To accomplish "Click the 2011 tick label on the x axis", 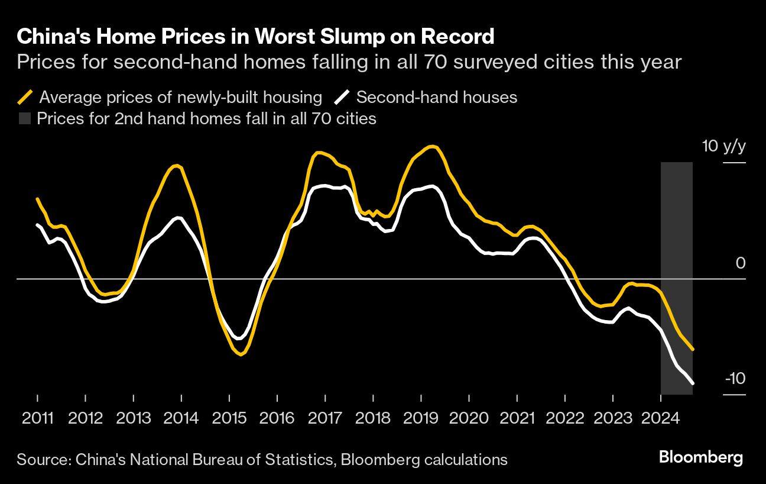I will [37, 418].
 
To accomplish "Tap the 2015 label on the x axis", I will [229, 418].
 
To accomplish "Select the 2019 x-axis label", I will [421, 418].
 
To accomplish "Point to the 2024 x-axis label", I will [660, 418].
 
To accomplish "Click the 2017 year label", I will [325, 418].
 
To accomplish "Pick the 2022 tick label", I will [564, 418].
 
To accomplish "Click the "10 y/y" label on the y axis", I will [724, 147].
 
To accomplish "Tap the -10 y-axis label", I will [735, 379].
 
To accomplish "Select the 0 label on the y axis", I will [741, 263].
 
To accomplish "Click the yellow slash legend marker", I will [25, 97].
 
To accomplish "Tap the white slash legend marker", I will [342, 97].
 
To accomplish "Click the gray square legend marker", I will [24, 118].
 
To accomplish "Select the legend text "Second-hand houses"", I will [436, 97].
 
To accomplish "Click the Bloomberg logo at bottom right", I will [700, 457].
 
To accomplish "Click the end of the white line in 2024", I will [693, 383].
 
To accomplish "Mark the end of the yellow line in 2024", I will [693, 350].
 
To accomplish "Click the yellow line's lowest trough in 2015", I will [241, 355].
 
